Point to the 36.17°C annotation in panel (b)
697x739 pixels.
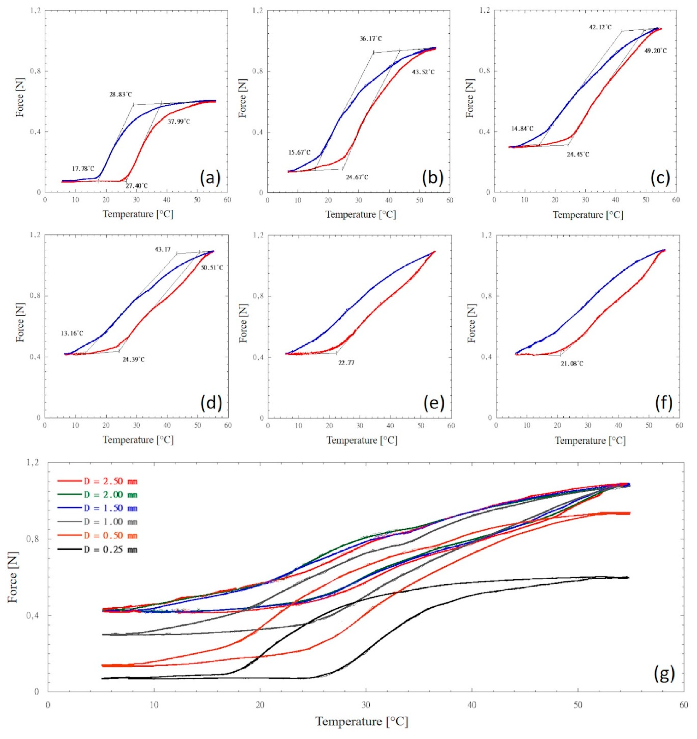coord(371,39)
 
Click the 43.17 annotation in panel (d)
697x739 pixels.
coord(163,249)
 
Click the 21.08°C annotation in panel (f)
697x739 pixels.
coord(572,364)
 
